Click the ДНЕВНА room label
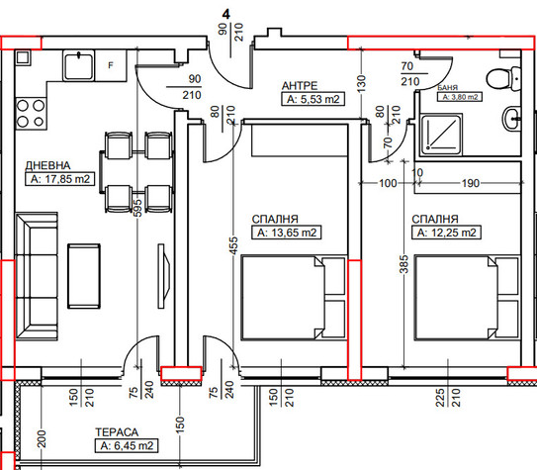point(47,165)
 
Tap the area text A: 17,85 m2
point(60,179)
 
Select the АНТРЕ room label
point(300,86)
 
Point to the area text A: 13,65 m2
point(287,233)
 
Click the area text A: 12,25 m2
point(446,233)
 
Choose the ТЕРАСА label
point(117,432)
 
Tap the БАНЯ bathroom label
point(448,88)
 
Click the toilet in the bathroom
point(503,79)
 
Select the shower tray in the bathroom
point(442,134)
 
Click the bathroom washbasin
point(511,118)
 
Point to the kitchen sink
point(78,65)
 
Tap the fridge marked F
point(111,65)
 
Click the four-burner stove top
point(31,113)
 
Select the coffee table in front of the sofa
point(84,276)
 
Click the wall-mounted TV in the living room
point(164,276)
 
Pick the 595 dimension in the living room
point(137,208)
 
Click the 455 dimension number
point(233,245)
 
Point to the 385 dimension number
point(404,264)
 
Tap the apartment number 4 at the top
point(226,14)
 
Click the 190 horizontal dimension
point(471,183)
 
